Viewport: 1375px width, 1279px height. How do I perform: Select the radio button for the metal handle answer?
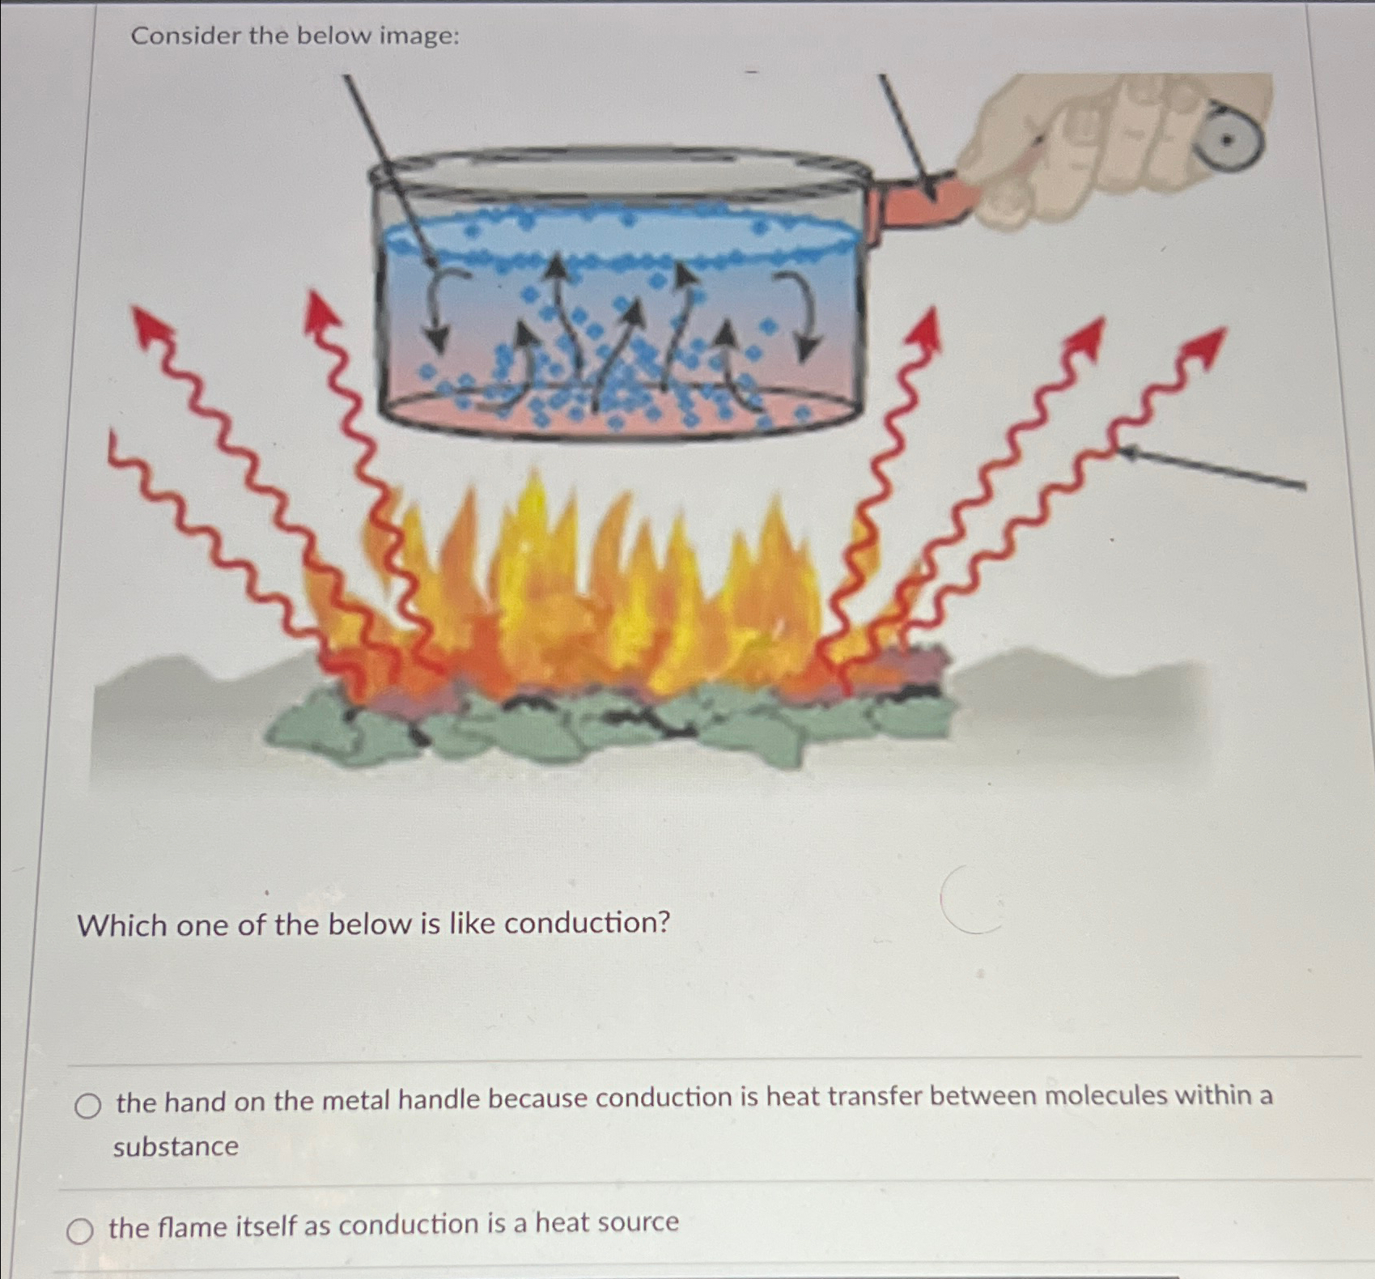click(x=87, y=1106)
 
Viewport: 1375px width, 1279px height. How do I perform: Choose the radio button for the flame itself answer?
click(x=79, y=1231)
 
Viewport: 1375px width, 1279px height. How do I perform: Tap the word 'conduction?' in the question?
click(x=588, y=923)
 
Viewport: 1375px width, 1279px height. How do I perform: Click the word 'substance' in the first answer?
click(x=176, y=1147)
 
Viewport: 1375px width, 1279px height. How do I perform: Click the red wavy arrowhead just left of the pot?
click(x=320, y=311)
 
